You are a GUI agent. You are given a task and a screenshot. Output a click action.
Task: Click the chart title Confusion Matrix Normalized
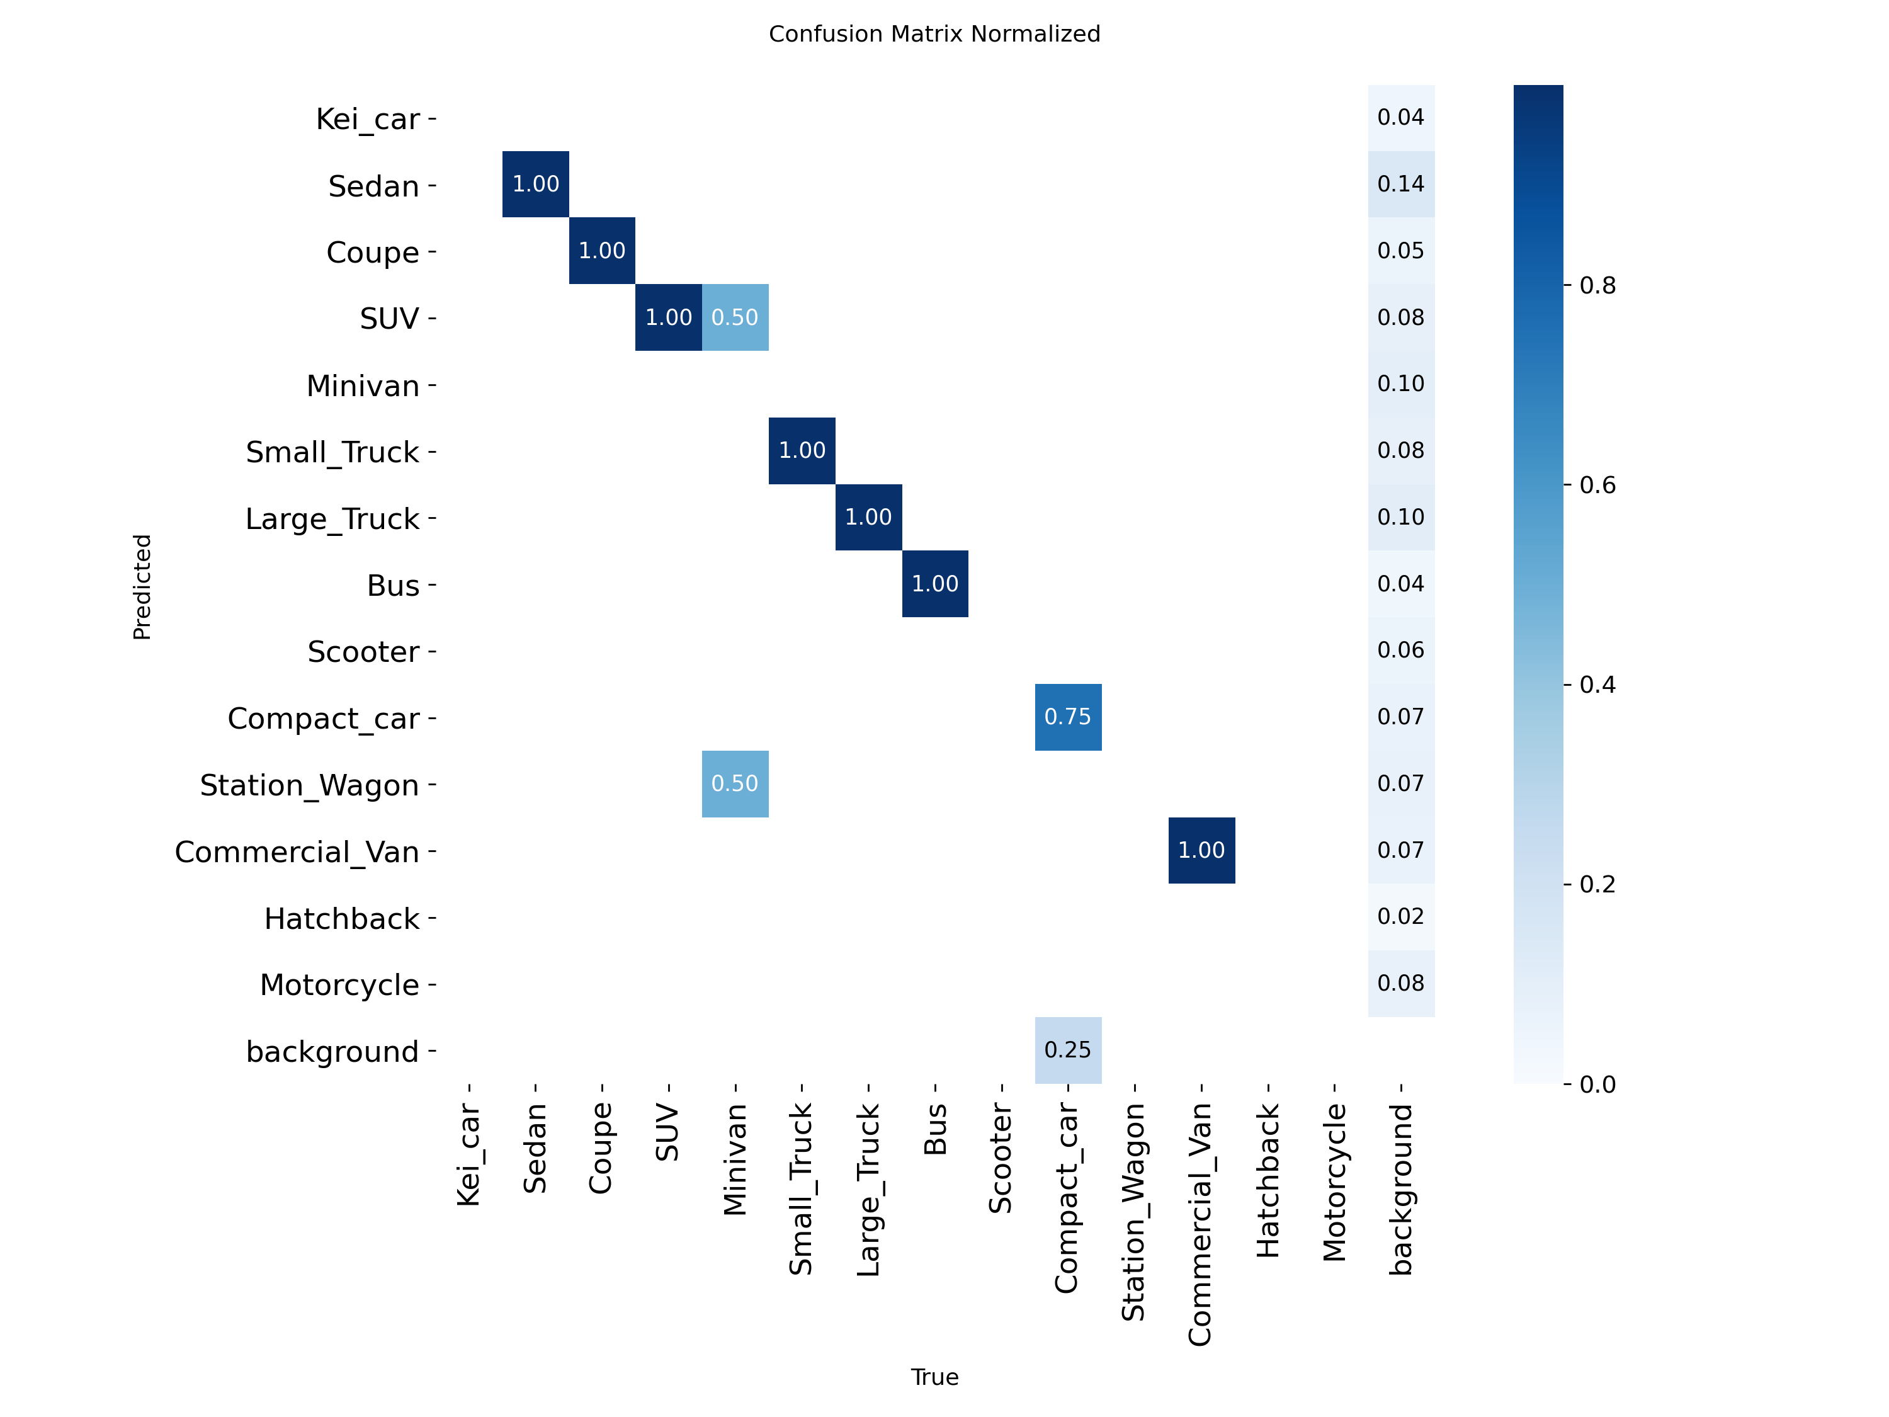click(934, 34)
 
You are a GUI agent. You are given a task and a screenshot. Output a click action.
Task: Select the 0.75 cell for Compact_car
click(1067, 717)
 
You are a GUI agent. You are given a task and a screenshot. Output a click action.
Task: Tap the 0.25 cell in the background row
click(1067, 1050)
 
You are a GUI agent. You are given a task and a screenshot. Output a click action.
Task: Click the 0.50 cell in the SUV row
click(734, 318)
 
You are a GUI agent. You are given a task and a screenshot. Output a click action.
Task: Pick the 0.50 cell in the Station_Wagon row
click(734, 783)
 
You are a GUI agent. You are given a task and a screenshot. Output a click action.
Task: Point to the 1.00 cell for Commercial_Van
click(1201, 850)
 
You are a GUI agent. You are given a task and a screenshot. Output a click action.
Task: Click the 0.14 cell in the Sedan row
click(1400, 184)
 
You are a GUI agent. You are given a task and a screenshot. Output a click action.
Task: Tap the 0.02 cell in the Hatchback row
click(1400, 916)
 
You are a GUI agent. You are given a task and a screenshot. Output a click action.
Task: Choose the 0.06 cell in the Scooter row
click(1400, 650)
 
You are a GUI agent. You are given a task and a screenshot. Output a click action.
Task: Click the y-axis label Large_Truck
click(332, 518)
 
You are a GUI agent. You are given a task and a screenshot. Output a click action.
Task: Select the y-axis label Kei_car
click(367, 119)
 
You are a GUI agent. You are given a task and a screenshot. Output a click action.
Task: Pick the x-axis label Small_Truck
click(801, 1189)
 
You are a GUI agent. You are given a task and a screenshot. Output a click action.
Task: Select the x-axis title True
click(934, 1377)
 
